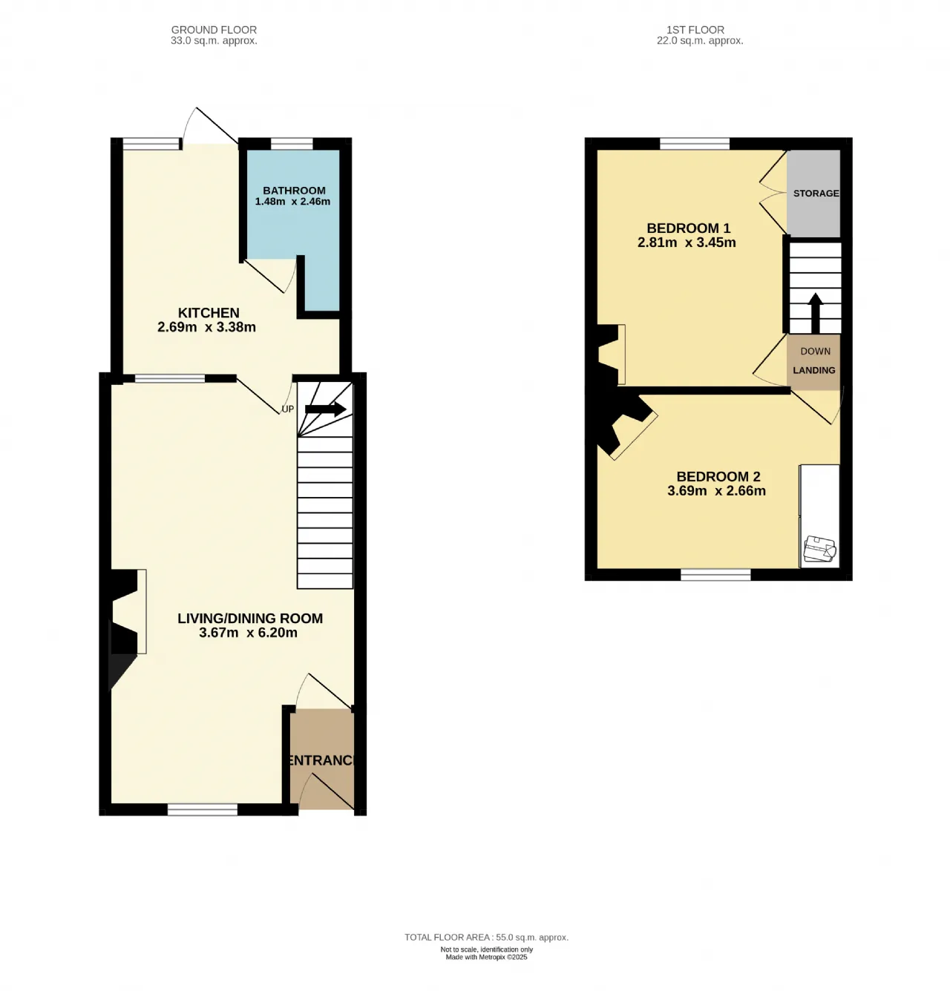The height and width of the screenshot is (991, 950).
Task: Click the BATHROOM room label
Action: click(294, 191)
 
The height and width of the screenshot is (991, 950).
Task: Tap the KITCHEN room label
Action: click(209, 313)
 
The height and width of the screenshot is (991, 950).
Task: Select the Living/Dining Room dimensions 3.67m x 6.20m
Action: click(248, 633)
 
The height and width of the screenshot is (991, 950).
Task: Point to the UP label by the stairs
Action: click(288, 409)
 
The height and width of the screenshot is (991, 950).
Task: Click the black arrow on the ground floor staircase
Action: click(326, 409)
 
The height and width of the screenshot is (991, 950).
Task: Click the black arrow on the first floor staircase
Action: click(816, 313)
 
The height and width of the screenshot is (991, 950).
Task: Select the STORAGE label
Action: click(816, 194)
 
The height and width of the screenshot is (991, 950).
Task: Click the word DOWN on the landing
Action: click(816, 352)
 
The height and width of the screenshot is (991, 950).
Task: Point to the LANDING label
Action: click(814, 370)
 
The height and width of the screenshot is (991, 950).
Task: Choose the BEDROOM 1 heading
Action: click(689, 228)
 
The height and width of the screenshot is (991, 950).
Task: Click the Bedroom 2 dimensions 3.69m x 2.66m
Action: click(716, 491)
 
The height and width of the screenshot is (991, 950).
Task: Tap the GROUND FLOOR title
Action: click(214, 30)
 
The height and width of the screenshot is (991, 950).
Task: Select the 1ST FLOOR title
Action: click(695, 30)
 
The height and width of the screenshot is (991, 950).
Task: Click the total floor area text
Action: click(487, 937)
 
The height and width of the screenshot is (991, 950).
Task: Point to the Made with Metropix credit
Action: click(487, 957)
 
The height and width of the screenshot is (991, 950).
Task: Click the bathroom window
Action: click(292, 144)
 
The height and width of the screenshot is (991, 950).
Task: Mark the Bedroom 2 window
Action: click(715, 574)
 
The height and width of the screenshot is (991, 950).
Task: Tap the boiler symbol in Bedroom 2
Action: click(819, 549)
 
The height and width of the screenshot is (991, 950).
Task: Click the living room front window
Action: click(203, 810)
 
